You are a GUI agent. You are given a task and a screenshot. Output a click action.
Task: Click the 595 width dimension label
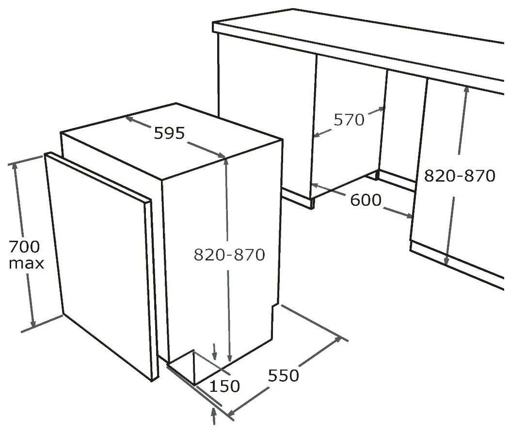point(169,133)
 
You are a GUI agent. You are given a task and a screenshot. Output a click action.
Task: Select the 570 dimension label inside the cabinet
point(349,120)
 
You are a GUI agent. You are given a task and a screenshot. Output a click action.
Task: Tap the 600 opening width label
point(366,200)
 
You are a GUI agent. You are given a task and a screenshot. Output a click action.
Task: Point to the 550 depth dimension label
point(283,376)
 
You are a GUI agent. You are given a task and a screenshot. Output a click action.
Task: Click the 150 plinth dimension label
point(224,386)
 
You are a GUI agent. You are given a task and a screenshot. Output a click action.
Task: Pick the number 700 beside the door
point(24,247)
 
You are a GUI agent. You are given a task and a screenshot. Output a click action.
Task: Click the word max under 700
point(26,263)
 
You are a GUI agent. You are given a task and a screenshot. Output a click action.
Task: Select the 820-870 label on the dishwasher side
point(229,255)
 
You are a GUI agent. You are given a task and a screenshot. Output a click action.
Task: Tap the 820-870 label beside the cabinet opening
point(459,176)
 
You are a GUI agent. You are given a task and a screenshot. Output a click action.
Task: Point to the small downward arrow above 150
point(214,352)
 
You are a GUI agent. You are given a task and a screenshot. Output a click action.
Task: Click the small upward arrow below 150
point(214,417)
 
